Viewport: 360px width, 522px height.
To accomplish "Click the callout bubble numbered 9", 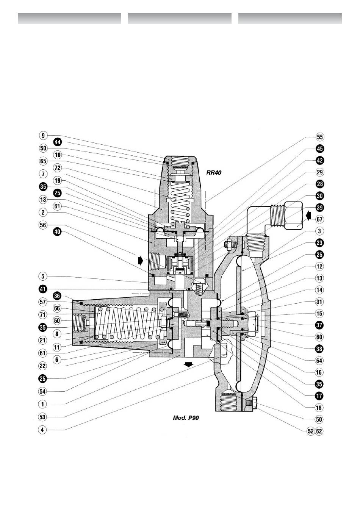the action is [x=43, y=135].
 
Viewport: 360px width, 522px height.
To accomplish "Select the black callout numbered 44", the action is [x=57, y=142].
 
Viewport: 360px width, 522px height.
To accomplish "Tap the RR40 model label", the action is [x=214, y=173].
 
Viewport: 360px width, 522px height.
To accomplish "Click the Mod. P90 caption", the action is [x=186, y=418].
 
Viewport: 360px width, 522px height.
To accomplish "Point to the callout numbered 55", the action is [x=319, y=137].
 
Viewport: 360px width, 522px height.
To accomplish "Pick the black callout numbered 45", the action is [x=319, y=148].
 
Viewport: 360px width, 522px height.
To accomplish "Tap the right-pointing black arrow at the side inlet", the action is [x=140, y=261].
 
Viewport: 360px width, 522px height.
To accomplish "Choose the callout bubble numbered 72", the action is [x=57, y=167].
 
